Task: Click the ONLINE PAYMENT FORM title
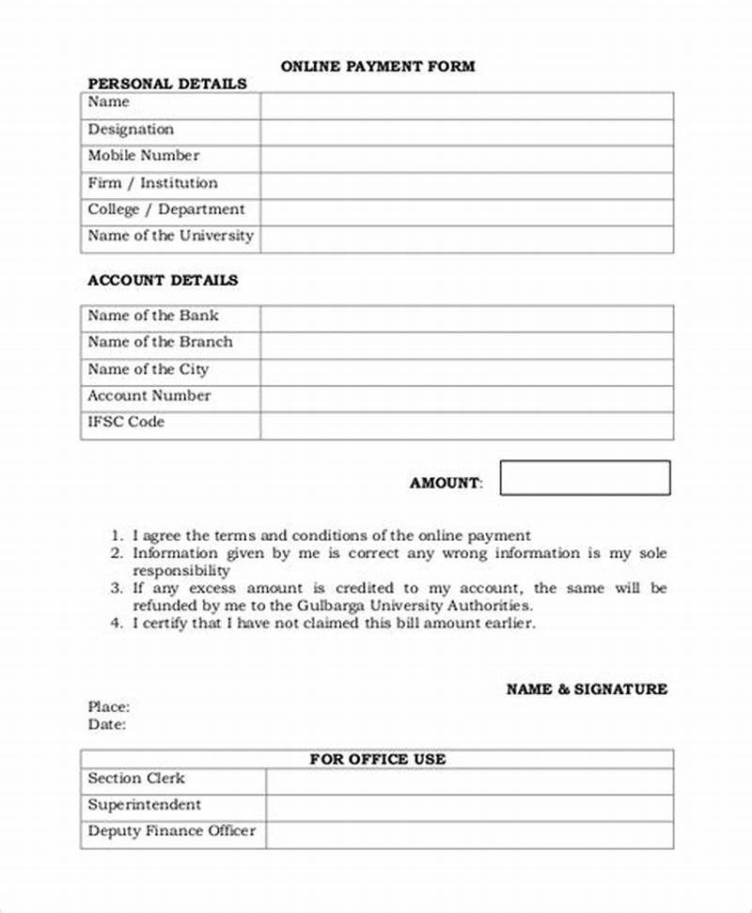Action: [378, 67]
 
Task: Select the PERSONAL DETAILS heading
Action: [167, 84]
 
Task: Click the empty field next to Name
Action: [466, 105]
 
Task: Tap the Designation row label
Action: [131, 130]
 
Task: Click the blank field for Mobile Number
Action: [466, 159]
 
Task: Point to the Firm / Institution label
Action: [152, 183]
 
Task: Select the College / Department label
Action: [165, 209]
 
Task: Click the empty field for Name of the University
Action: [466, 239]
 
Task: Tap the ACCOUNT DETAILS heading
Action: [163, 280]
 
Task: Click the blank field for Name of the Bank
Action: [466, 318]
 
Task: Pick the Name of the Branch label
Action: [160, 342]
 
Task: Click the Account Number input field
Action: [466, 399]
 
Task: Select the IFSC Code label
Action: [126, 423]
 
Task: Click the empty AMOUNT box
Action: [585, 478]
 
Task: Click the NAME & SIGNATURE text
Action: [587, 689]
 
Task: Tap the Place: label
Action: [109, 706]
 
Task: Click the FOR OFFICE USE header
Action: [378, 759]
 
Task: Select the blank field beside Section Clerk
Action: [469, 781]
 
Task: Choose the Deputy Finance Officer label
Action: [171, 831]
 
